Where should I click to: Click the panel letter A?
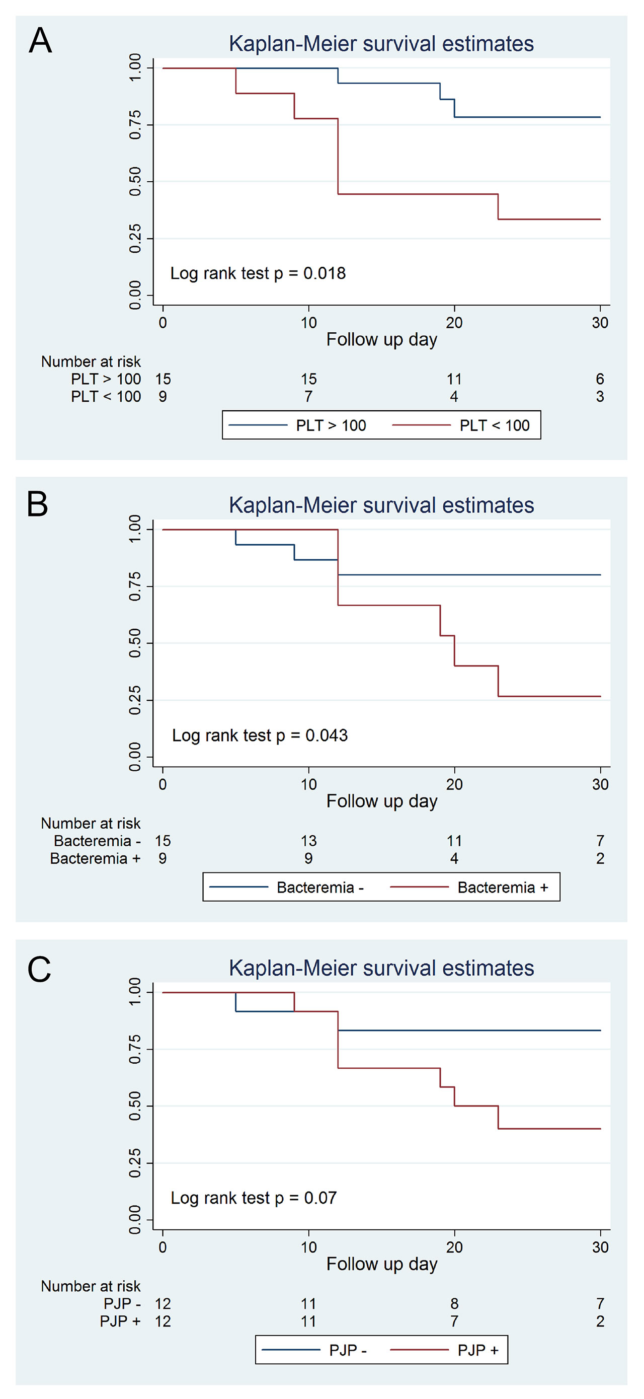pyautogui.click(x=40, y=41)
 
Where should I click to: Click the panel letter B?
pyautogui.click(x=37, y=504)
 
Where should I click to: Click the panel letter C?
pyautogui.click(x=39, y=970)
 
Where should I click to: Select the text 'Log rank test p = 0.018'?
pyautogui.click(x=258, y=273)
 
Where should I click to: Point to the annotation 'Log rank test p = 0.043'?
pyautogui.click(x=260, y=735)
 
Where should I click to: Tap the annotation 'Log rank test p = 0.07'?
pyautogui.click(x=254, y=1198)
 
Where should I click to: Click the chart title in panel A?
pyautogui.click(x=381, y=44)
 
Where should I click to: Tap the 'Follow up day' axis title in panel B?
pyautogui.click(x=381, y=801)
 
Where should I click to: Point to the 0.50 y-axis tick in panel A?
pyautogui.click(x=135, y=181)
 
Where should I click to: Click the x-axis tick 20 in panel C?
pyautogui.click(x=454, y=1247)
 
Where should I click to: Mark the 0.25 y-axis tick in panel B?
pyautogui.click(x=135, y=701)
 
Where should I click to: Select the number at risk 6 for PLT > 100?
pyautogui.click(x=600, y=379)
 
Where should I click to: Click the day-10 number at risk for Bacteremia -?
pyautogui.click(x=308, y=841)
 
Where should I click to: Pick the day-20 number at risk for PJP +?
pyautogui.click(x=454, y=1321)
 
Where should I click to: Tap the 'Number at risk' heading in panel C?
pyautogui.click(x=91, y=1286)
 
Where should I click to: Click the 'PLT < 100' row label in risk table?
pyautogui.click(x=106, y=397)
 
